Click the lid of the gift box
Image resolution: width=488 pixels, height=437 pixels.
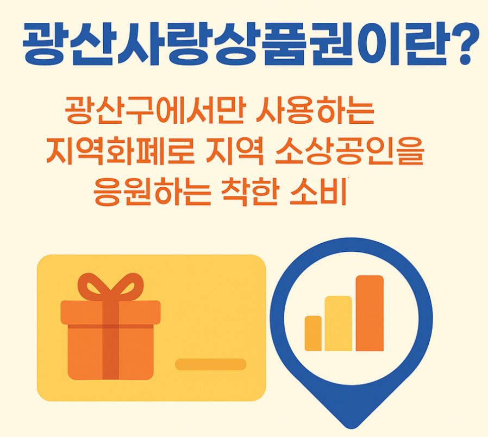point(110,313)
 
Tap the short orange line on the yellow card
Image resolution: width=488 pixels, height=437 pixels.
point(211,364)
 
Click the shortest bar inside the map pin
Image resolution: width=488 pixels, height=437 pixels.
point(313,333)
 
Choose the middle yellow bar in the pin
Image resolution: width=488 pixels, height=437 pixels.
point(338,323)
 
